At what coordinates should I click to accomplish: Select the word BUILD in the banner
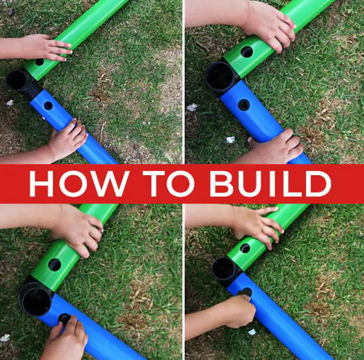click(x=270, y=183)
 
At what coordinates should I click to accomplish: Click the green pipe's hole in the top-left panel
click(x=39, y=62)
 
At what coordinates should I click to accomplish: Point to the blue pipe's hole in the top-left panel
click(x=48, y=106)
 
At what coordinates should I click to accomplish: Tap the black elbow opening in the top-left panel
click(x=17, y=80)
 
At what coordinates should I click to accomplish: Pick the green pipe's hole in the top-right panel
click(x=247, y=52)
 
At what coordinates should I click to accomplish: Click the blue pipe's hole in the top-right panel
click(x=244, y=105)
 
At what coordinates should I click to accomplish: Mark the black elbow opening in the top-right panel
click(x=220, y=77)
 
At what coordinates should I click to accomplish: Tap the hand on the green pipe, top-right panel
click(x=270, y=26)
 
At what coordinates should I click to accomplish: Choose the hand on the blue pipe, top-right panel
click(x=276, y=146)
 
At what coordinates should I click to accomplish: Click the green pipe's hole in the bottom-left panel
click(x=54, y=265)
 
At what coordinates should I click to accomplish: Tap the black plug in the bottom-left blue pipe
click(x=64, y=319)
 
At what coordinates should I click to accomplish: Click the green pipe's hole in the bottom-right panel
click(x=245, y=248)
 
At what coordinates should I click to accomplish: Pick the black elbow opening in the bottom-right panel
click(x=223, y=269)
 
